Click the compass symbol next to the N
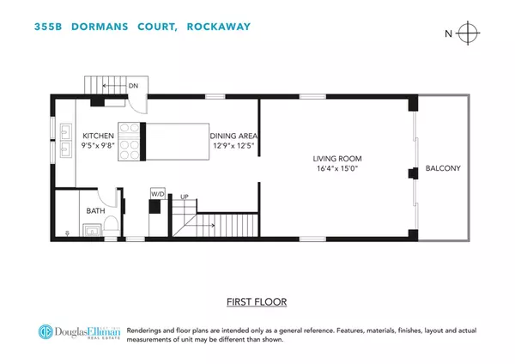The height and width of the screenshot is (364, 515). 468,34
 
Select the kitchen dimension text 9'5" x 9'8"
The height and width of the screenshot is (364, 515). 99,146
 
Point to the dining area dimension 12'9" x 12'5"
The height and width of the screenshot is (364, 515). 234,146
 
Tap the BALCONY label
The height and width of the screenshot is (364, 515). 443,169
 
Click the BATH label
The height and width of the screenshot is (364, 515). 96,209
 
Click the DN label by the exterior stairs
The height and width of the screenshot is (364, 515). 133,86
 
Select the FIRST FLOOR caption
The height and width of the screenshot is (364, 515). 257,301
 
